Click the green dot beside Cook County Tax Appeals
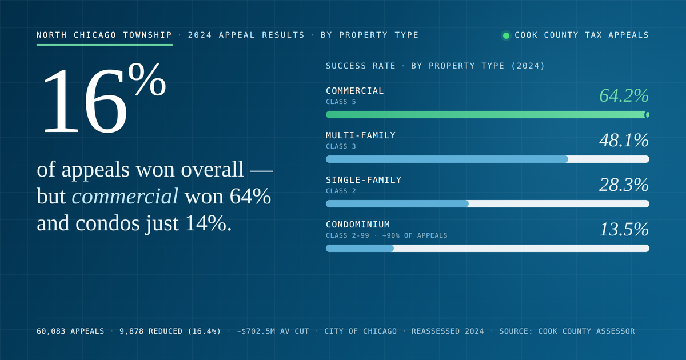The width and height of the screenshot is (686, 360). [x=506, y=35]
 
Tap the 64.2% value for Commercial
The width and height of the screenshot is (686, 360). [x=624, y=95]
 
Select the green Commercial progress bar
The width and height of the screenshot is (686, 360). [x=488, y=115]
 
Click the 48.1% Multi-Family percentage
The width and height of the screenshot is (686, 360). [x=624, y=140]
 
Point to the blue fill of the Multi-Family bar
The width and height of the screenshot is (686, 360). [x=447, y=159]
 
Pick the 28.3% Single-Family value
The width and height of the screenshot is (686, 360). [x=624, y=185]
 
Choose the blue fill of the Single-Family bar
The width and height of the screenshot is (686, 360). [x=397, y=203]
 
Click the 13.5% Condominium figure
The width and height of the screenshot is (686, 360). [x=624, y=229]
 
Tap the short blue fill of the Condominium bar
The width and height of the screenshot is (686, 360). [x=360, y=248]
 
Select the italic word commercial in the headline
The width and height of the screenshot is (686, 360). [x=125, y=196]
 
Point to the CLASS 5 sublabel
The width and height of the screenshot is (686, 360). [x=341, y=102]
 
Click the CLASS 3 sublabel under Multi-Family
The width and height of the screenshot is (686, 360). [x=341, y=147]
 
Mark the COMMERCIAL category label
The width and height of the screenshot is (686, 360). [x=354, y=91]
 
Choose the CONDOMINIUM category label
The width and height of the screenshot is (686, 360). [x=358, y=225]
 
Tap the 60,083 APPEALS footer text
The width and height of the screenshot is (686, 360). [x=70, y=331]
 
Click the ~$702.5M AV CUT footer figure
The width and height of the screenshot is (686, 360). [x=273, y=331]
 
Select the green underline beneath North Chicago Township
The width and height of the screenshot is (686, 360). [x=105, y=45]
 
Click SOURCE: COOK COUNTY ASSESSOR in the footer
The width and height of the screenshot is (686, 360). [x=567, y=331]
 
